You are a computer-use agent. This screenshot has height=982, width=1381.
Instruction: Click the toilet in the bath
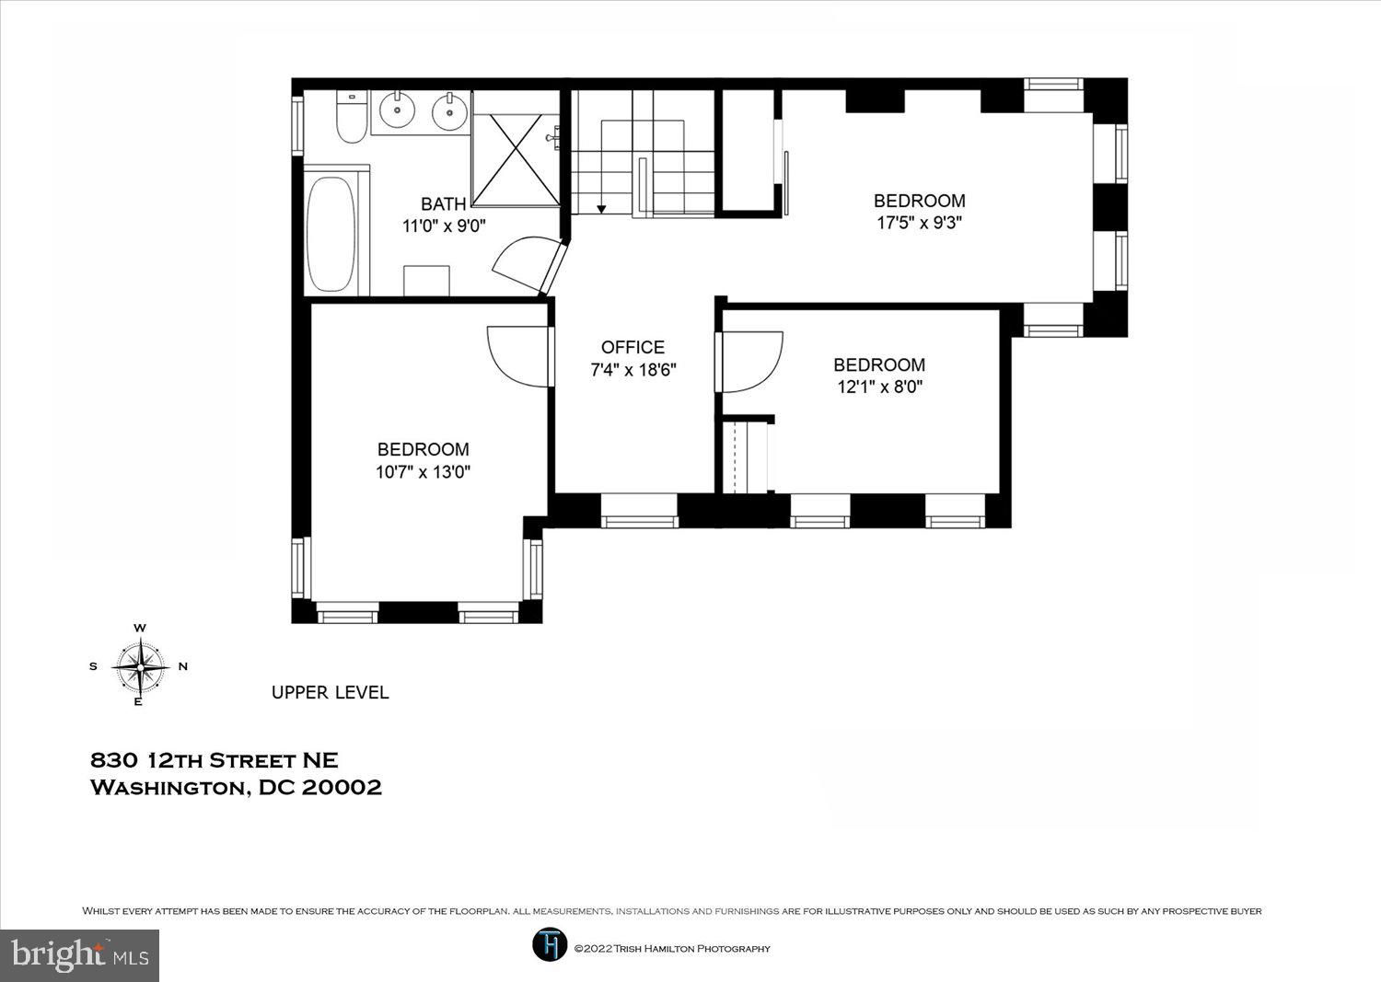352,117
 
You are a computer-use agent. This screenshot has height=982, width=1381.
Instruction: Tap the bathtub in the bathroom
331,235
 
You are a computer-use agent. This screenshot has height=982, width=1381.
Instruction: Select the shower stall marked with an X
516,159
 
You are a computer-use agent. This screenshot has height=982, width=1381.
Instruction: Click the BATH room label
443,203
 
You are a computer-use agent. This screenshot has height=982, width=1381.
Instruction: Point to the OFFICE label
632,347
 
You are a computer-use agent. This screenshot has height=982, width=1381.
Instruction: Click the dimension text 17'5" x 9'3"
919,223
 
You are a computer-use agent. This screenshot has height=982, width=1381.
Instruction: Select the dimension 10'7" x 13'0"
423,472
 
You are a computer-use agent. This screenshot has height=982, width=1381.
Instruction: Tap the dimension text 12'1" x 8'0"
880,387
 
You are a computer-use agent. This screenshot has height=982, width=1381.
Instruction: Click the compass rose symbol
141,667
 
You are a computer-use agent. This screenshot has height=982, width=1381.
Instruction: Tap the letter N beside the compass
183,666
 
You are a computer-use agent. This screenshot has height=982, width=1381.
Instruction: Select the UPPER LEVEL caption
331,693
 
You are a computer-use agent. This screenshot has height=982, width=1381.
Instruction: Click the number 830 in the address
114,761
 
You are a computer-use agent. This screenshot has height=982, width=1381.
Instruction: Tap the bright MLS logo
79,955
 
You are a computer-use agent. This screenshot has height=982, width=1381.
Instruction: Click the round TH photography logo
550,945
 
